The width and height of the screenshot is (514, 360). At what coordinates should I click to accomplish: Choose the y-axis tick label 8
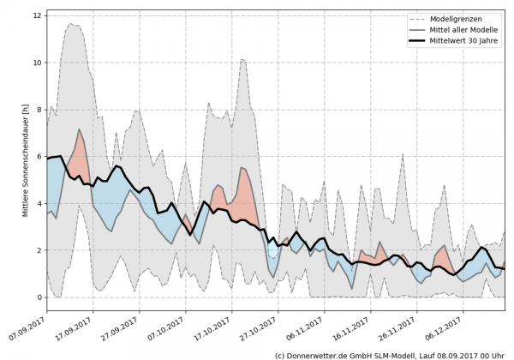point(37,110)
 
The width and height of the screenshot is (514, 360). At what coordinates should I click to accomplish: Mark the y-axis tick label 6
point(37,157)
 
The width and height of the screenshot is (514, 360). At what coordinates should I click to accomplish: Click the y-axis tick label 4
point(37,203)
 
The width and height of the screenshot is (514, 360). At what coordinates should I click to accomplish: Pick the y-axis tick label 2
point(37,250)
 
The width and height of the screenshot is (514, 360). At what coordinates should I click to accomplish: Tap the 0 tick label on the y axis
point(37,297)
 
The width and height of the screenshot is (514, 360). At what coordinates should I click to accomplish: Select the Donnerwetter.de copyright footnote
point(390,354)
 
